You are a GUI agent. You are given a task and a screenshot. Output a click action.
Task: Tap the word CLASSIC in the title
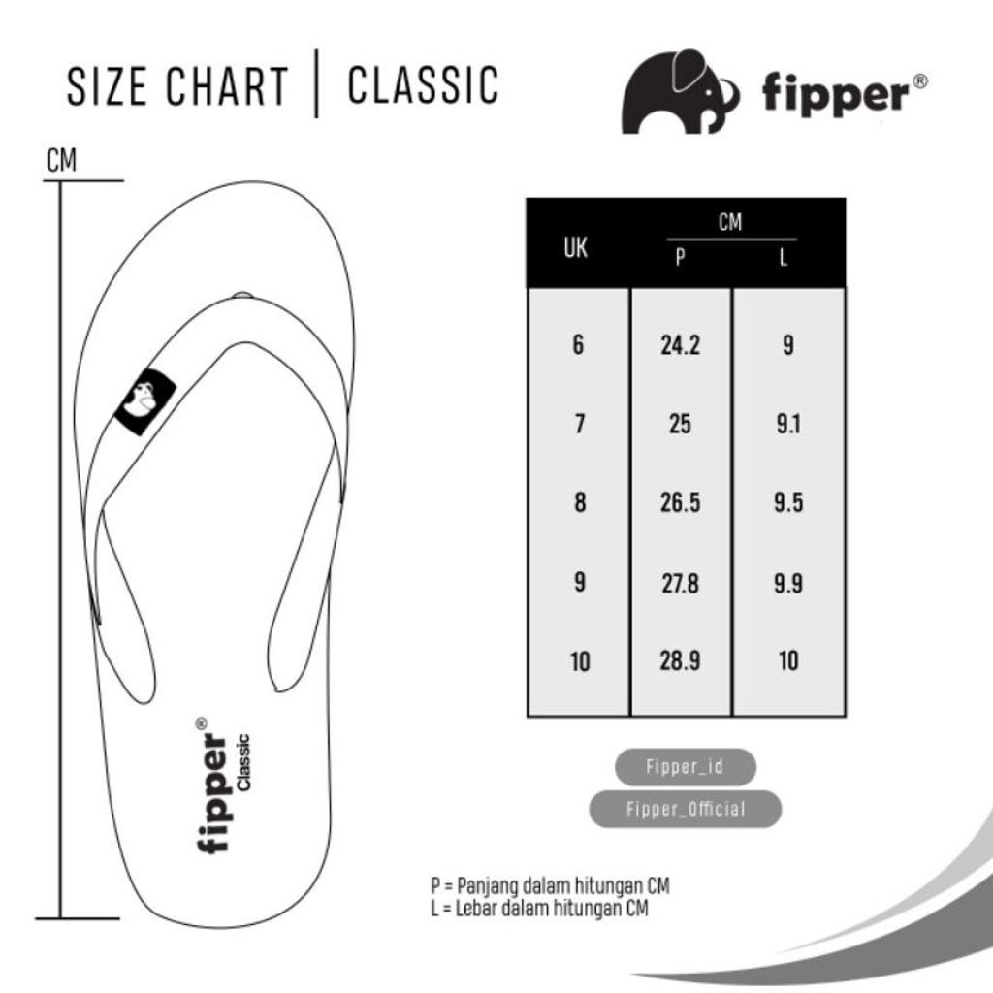click(423, 85)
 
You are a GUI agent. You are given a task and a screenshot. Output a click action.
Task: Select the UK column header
click(576, 248)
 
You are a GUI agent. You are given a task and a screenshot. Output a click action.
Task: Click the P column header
click(680, 260)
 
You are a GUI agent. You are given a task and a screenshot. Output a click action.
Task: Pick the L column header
click(785, 260)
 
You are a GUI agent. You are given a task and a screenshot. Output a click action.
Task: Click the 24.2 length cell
click(680, 345)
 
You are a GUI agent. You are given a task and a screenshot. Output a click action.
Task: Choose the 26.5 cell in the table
click(680, 503)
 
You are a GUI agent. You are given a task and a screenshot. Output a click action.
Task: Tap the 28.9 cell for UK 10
click(680, 661)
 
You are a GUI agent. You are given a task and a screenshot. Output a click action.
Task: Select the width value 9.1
click(788, 425)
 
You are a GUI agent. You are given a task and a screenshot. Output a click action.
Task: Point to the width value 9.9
click(788, 583)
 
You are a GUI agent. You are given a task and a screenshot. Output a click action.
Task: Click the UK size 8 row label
click(580, 503)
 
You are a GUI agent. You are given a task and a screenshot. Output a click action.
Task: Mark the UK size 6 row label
click(579, 345)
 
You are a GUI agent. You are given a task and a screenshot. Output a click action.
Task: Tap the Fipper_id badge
click(685, 767)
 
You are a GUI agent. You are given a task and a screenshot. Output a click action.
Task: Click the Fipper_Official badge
click(685, 809)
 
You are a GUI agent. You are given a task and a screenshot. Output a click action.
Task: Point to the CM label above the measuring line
click(61, 161)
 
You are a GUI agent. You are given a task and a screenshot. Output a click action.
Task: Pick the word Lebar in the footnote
click(476, 908)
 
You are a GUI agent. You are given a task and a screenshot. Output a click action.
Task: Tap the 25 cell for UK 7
click(680, 425)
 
